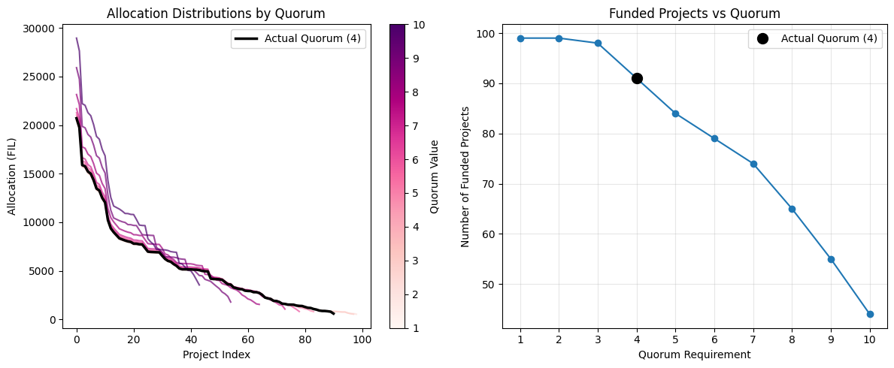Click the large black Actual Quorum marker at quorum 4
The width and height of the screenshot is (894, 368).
[x=637, y=78]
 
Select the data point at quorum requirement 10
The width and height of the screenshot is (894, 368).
[x=870, y=314]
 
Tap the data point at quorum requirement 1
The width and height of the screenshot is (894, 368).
[x=520, y=38]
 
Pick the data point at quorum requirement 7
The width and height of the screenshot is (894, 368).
[x=753, y=164]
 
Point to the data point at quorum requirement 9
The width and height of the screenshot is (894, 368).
[x=831, y=259]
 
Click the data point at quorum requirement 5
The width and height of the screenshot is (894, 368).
[x=675, y=113]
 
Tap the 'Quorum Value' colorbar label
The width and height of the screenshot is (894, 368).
[x=435, y=176]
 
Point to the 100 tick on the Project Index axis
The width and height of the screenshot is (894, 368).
[x=362, y=339]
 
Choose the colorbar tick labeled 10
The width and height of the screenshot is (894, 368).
[x=420, y=24]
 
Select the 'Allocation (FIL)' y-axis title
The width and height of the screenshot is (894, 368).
[x=12, y=176]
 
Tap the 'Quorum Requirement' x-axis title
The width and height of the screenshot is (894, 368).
[x=695, y=354]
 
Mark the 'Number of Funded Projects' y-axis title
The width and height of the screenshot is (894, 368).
[x=465, y=176]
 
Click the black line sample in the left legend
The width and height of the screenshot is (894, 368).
[x=247, y=39]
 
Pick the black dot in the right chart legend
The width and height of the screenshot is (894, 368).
[x=762, y=39]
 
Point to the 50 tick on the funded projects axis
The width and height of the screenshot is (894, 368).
[x=489, y=285]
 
